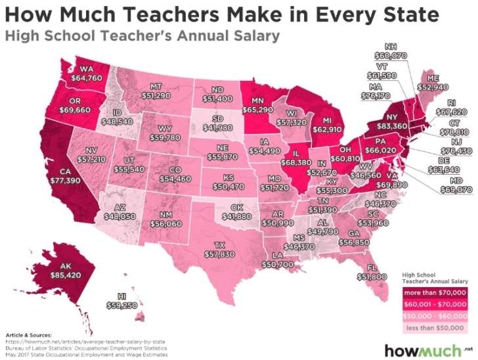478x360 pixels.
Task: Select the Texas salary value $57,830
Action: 219,253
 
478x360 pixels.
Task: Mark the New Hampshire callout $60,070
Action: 393,56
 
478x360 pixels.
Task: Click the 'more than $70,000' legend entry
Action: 435,292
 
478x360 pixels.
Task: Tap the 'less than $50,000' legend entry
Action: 435,326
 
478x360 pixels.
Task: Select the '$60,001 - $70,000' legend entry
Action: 435,304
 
